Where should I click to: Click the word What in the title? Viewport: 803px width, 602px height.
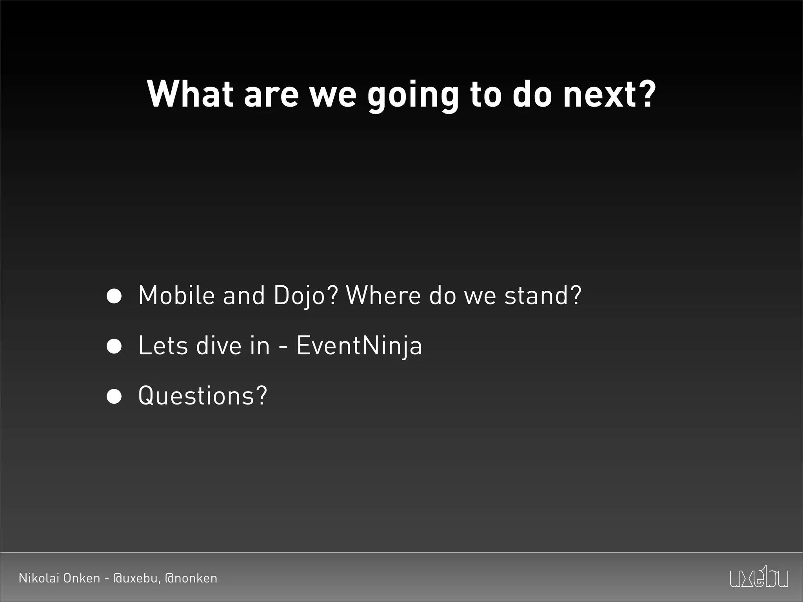click(x=189, y=94)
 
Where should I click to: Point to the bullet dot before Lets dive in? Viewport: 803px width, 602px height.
click(x=114, y=346)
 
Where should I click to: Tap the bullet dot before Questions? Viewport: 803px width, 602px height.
click(x=114, y=396)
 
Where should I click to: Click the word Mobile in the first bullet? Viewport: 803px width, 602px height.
click(x=176, y=295)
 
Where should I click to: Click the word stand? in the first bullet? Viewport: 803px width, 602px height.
click(x=543, y=295)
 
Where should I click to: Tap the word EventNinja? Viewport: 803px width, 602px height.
click(x=359, y=346)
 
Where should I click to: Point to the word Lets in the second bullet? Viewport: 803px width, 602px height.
click(x=163, y=346)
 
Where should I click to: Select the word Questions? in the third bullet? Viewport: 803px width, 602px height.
click(x=203, y=396)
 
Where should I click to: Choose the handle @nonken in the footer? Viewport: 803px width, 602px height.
click(x=191, y=578)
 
